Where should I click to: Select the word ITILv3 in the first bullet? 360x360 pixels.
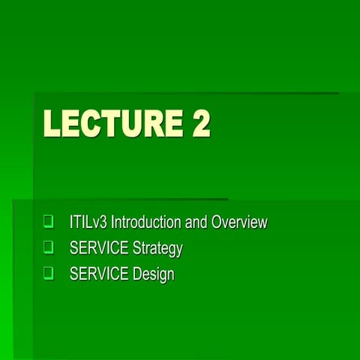87,223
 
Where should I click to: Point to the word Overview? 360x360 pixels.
239,223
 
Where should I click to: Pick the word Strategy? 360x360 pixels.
157,248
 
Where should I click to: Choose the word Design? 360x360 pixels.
154,274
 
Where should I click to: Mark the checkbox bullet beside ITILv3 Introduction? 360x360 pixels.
49,222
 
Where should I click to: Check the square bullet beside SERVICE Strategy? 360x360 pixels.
49,247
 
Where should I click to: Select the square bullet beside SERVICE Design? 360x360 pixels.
49,274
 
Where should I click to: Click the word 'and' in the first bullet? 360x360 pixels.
196,223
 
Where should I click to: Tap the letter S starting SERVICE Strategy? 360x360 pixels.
73,248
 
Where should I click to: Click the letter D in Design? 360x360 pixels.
138,274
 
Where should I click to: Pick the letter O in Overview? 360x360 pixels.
217,223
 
